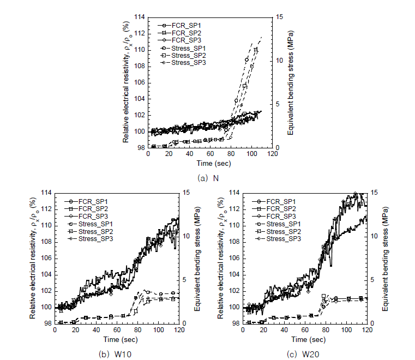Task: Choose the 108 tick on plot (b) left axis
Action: point(47,242)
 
